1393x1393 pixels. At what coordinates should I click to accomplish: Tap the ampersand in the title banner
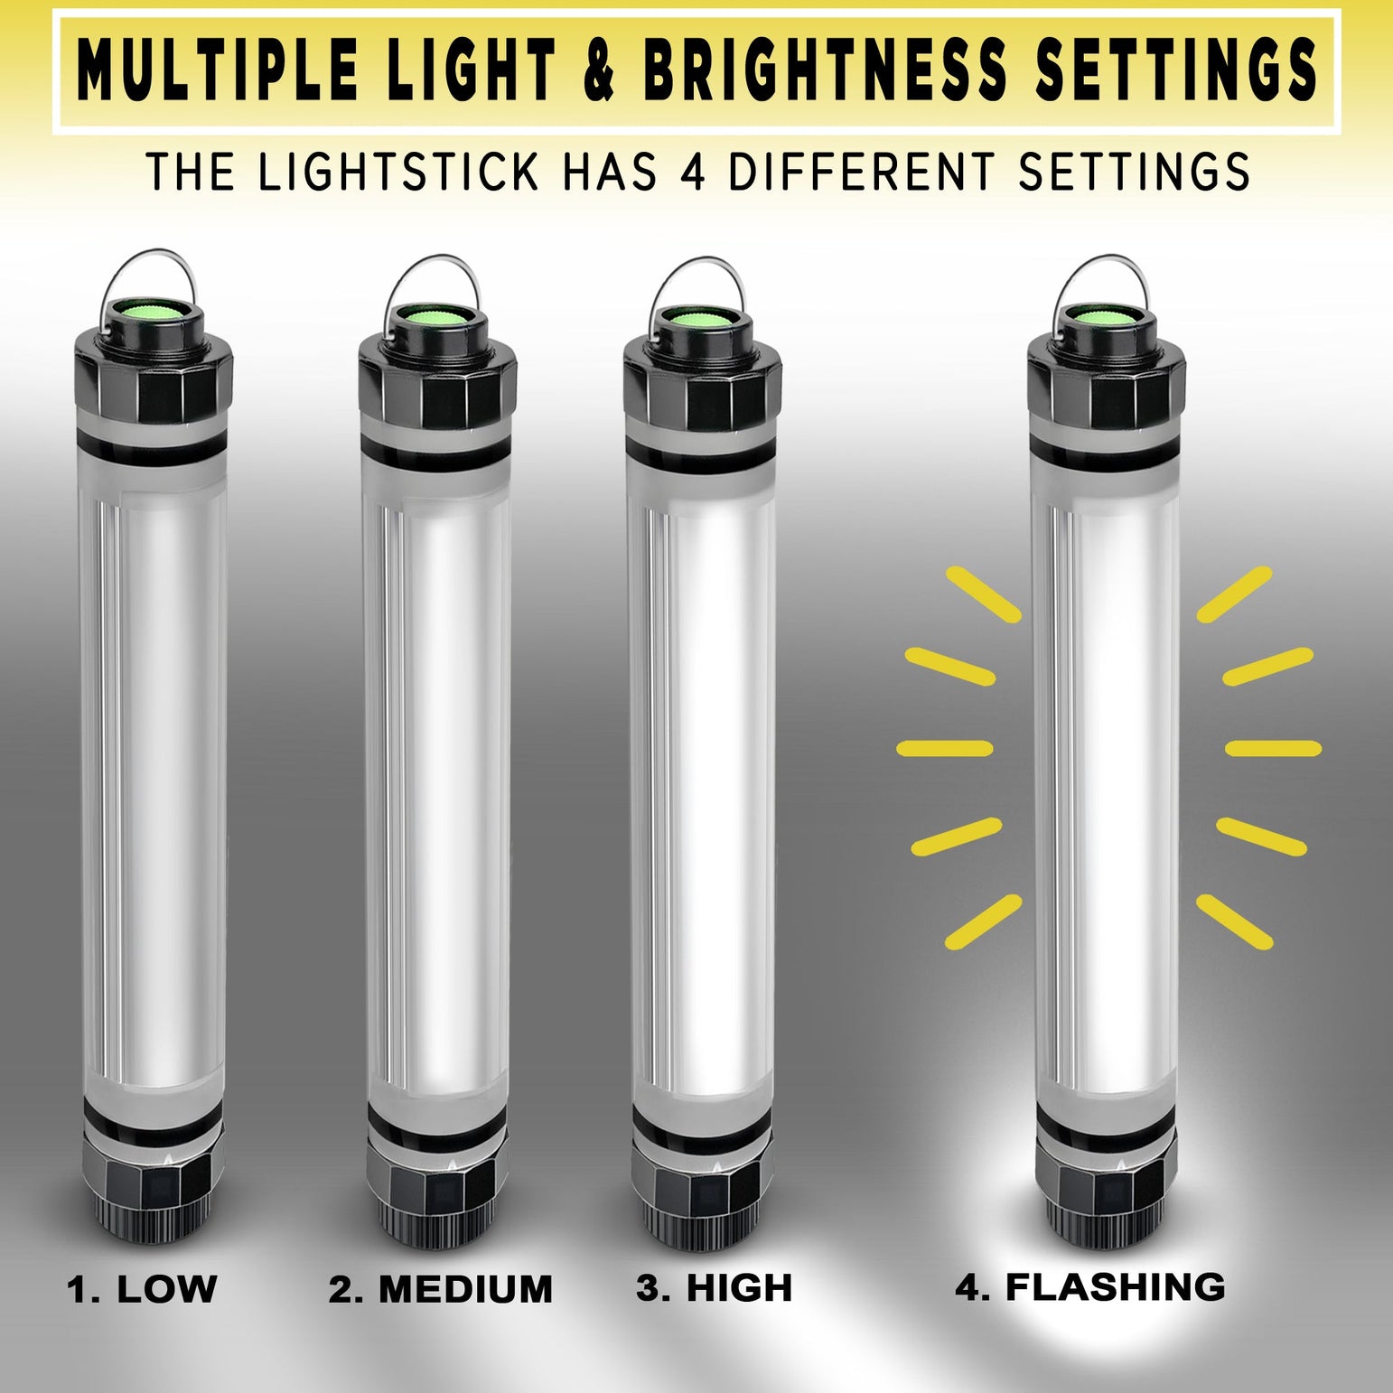pos(599,70)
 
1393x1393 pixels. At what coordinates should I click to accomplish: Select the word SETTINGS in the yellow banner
pos(1175,70)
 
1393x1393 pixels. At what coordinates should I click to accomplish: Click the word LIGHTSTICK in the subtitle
pos(398,171)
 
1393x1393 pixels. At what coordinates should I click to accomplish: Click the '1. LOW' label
pos(142,1288)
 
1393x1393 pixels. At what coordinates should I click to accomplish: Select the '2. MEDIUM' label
pos(440,1289)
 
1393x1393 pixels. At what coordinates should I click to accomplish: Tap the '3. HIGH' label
pos(714,1287)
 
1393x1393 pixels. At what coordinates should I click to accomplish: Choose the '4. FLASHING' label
pos(1089,1286)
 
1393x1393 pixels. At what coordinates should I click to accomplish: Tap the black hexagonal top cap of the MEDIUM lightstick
pos(437,376)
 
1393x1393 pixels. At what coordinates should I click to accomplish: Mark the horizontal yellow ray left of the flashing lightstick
pos(945,748)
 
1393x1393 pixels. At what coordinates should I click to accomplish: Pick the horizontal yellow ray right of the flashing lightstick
pos(1273,748)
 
